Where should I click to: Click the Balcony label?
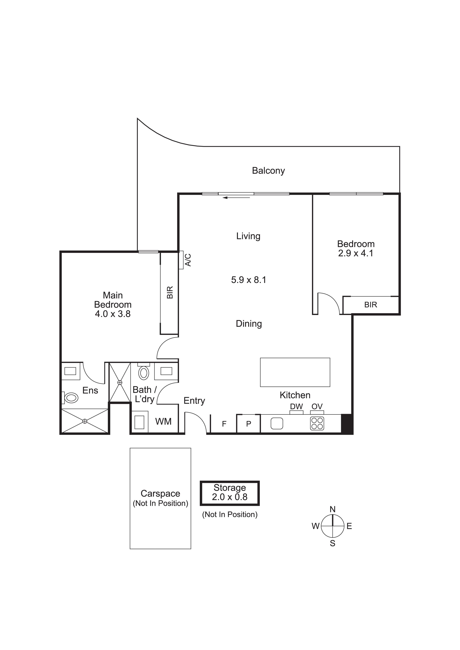click(x=268, y=171)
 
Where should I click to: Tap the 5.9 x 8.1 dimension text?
click(x=249, y=280)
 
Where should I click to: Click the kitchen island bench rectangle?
click(x=295, y=372)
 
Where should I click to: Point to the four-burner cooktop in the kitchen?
click(x=317, y=424)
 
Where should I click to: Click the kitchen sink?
click(x=277, y=424)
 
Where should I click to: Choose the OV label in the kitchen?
click(x=317, y=407)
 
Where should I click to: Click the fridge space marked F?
click(x=224, y=424)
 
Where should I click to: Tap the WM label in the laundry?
click(x=163, y=422)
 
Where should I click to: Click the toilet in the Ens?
click(x=70, y=398)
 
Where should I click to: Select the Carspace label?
click(x=161, y=493)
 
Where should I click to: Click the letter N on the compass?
click(x=333, y=509)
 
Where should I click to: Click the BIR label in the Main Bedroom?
click(x=170, y=292)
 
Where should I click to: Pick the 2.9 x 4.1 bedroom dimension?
click(x=356, y=253)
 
